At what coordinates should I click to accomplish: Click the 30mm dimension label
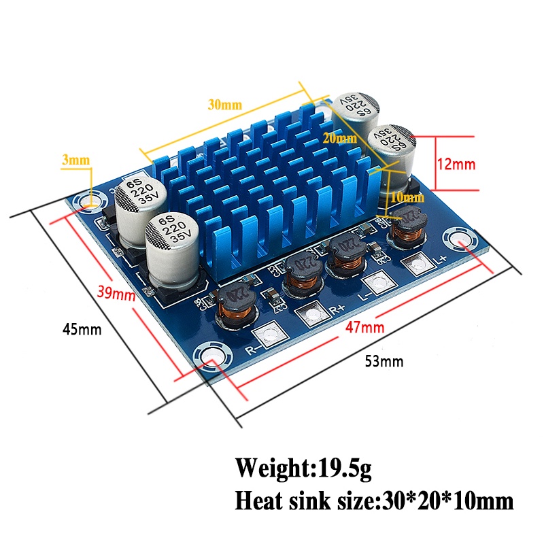click(225, 105)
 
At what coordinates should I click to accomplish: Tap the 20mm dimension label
click(339, 139)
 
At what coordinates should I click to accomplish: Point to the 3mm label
click(75, 160)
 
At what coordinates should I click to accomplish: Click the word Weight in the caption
click(271, 469)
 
